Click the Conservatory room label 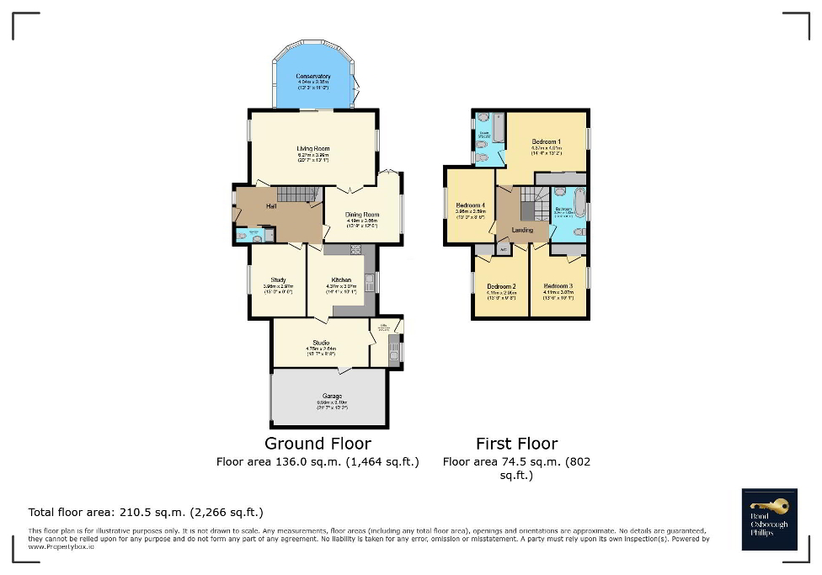click(x=312, y=77)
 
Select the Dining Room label click(x=362, y=215)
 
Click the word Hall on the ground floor click(x=272, y=206)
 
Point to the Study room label click(x=278, y=280)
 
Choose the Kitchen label click(x=340, y=280)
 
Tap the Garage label click(x=332, y=396)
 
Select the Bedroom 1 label click(x=546, y=141)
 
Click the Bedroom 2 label click(x=501, y=287)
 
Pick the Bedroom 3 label click(x=558, y=286)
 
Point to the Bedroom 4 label click(x=470, y=206)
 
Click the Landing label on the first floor click(x=522, y=230)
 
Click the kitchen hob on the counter click(x=355, y=249)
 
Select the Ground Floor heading click(x=318, y=444)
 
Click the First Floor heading click(x=516, y=444)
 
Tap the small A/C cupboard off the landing click(x=504, y=249)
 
